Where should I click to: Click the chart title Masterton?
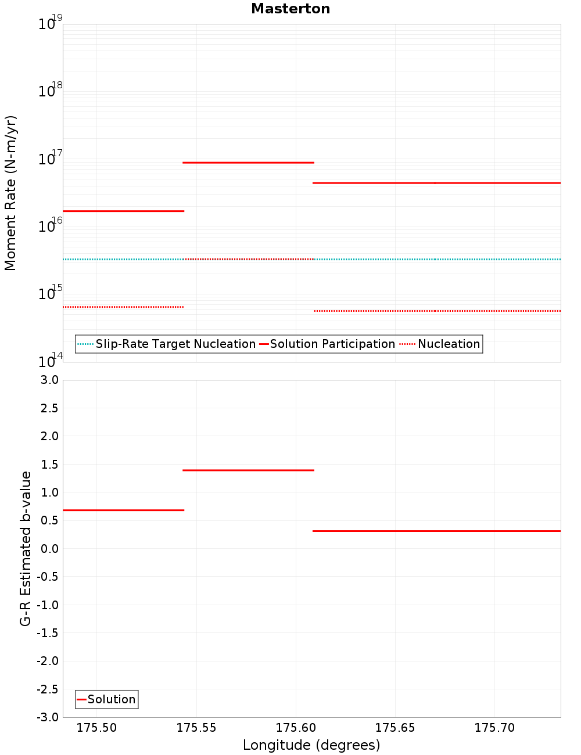290,9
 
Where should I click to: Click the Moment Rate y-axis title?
10,193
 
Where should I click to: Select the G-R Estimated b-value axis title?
26,548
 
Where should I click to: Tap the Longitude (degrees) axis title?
311,745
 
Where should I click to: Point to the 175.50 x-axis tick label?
96,728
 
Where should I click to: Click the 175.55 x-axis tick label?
196,728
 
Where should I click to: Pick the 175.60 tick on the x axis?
296,728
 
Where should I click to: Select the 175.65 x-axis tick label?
395,728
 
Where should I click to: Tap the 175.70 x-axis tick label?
494,728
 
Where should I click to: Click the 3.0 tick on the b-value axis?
49,380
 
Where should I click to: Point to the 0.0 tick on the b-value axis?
49,549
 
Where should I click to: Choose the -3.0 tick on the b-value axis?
48,717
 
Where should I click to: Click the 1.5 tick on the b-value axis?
49,465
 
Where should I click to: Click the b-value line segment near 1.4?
248,470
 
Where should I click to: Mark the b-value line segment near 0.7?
123,510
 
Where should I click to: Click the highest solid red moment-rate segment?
248,163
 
